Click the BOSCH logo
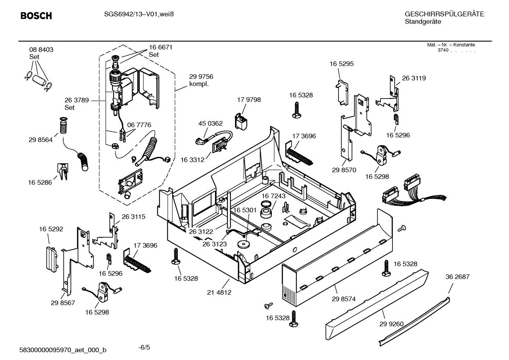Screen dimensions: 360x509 pyautogui.click(x=36, y=16)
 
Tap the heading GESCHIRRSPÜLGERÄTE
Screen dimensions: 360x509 pyautogui.click(x=444, y=14)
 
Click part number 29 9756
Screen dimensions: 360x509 pyautogui.click(x=201, y=77)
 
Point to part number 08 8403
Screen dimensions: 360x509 pyautogui.click(x=41, y=50)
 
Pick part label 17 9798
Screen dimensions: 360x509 pyautogui.click(x=249, y=100)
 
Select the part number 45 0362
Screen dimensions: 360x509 pyautogui.click(x=210, y=123)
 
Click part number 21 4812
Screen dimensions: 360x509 pyautogui.click(x=219, y=292)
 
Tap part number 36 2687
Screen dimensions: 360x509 pyautogui.click(x=457, y=277)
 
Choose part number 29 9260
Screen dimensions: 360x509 pyautogui.click(x=391, y=324)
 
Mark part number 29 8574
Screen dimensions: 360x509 pyautogui.click(x=343, y=299)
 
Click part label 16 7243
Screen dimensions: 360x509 pyautogui.click(x=273, y=196)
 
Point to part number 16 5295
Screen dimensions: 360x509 pyautogui.click(x=341, y=64)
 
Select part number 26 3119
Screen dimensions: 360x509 pyautogui.click(x=414, y=78)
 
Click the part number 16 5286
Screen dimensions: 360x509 pyautogui.click(x=40, y=182)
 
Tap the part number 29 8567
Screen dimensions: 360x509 pyautogui.click(x=63, y=303)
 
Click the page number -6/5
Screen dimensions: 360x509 pyautogui.click(x=144, y=347)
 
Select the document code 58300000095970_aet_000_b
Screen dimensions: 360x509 pyautogui.click(x=62, y=350)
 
